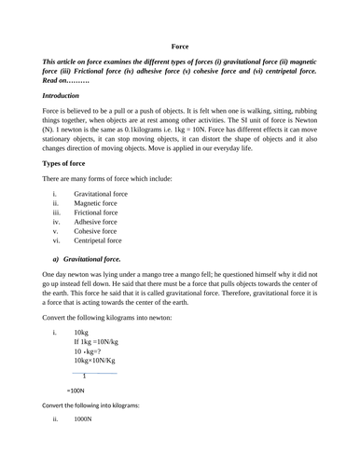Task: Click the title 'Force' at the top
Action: [x=180, y=45]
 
